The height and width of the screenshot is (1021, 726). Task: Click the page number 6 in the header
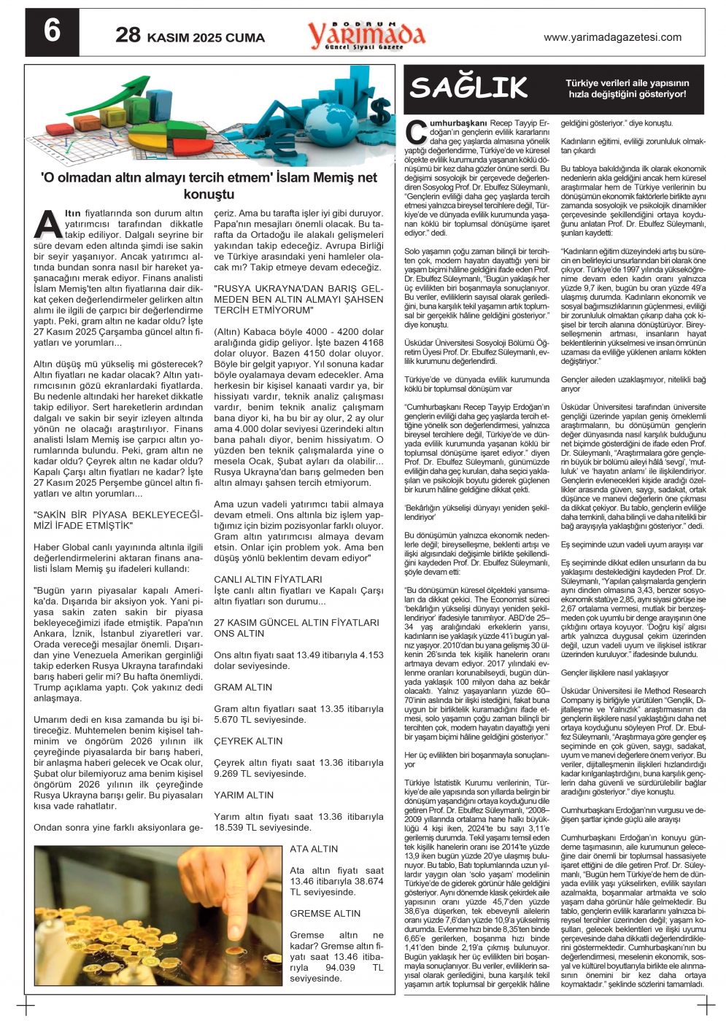[x=52, y=32]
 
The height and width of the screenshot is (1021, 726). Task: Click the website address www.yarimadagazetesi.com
[x=612, y=37]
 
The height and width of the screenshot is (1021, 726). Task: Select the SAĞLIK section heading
[x=468, y=88]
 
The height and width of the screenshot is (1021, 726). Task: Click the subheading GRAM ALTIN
[x=243, y=687]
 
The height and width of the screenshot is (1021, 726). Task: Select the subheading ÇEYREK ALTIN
[x=248, y=741]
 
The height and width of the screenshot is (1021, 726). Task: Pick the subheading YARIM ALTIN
[x=244, y=795]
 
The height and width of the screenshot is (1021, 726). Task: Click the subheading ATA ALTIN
[x=314, y=849]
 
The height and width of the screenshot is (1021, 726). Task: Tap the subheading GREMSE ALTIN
[x=325, y=913]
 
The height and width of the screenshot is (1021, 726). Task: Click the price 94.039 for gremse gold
[x=341, y=967]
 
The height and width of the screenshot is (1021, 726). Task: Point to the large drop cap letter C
[x=416, y=131]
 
